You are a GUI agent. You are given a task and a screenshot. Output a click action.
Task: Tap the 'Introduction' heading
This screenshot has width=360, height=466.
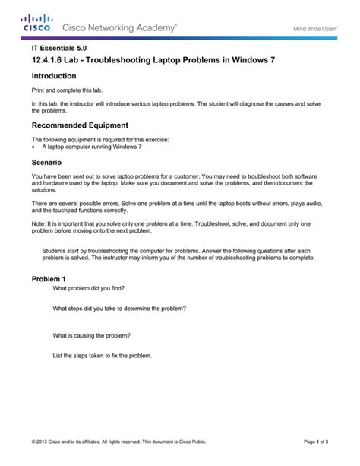coord(54,76)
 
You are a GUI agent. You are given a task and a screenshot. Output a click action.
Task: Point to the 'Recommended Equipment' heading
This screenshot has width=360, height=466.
coord(79,125)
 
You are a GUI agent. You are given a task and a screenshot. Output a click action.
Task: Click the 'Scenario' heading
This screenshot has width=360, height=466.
coord(46,162)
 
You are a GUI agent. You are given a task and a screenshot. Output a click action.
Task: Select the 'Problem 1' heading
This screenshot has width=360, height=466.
coord(49,279)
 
